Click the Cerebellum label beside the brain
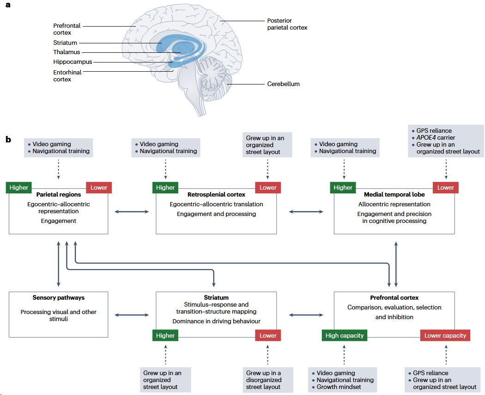pyautogui.click(x=283, y=84)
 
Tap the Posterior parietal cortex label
pyautogui.click(x=287, y=24)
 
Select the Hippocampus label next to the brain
pyautogui.click(x=73, y=62)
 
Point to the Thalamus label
pyautogui.click(x=67, y=52)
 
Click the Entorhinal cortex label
pyautogui.click(x=67, y=75)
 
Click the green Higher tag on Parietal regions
pyautogui.click(x=18, y=187)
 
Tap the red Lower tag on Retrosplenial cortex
pyautogui.click(x=268, y=187)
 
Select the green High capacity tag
pyautogui.click(x=345, y=335)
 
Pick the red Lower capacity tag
pyautogui.click(x=445, y=335)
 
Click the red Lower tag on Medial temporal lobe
pyautogui.click(x=445, y=187)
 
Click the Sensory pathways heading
pyautogui.click(x=59, y=297)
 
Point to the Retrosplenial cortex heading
pyautogui.click(x=216, y=195)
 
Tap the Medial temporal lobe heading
pyautogui.click(x=394, y=195)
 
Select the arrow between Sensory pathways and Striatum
pyautogui.click(x=132, y=315)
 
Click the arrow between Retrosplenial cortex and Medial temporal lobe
pyautogui.click(x=306, y=211)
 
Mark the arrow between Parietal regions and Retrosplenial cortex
pyautogui.click(x=132, y=211)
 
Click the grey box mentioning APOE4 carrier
pyautogui.click(x=446, y=141)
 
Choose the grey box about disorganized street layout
pyautogui.click(x=268, y=380)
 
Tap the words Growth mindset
pyautogui.click(x=339, y=387)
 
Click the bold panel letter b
pyautogui.click(x=8, y=139)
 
